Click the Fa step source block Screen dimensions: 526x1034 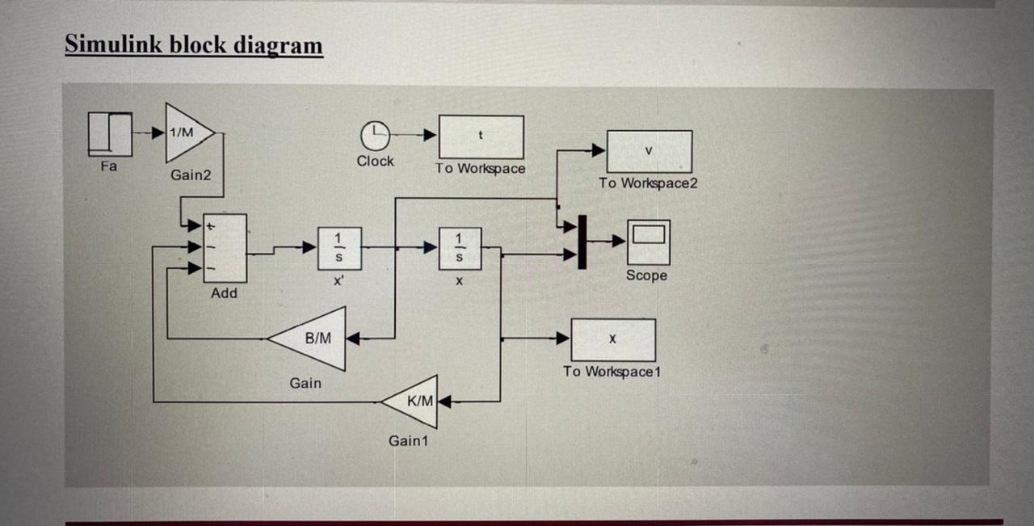pos(109,134)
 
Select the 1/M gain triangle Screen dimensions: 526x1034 pos(187,133)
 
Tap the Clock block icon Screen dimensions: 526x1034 pos(375,134)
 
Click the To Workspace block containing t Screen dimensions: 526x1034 pos(481,137)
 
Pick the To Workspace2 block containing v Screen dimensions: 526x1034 pos(649,151)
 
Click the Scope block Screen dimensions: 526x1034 pos(648,242)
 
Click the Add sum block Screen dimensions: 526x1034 pos(225,248)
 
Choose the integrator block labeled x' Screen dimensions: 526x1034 pos(339,247)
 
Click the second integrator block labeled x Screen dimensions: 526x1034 pos(460,247)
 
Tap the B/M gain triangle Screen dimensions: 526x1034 pos(313,339)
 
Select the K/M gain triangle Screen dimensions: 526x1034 pos(414,401)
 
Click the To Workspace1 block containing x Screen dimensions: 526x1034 pos(613,340)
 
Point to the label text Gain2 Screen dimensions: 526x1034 pos(191,175)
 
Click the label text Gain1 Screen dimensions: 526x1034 pos(409,441)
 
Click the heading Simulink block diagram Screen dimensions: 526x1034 pos(194,44)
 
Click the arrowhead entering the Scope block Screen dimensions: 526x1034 pos(619,241)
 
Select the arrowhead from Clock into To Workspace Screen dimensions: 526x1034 pos(430,135)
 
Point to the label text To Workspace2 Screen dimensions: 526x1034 pos(648,183)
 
